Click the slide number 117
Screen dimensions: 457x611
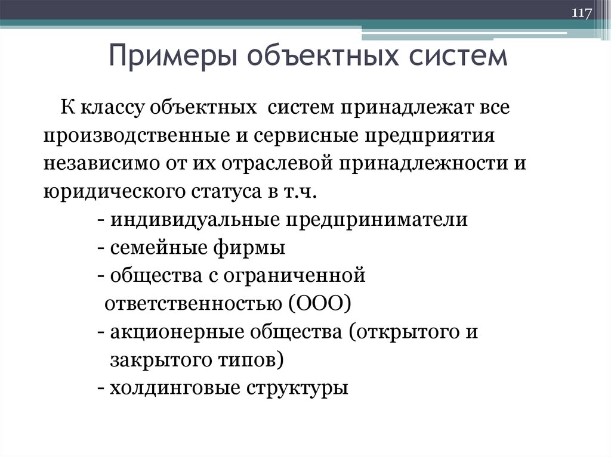[581, 13]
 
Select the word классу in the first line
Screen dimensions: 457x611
[107, 110]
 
